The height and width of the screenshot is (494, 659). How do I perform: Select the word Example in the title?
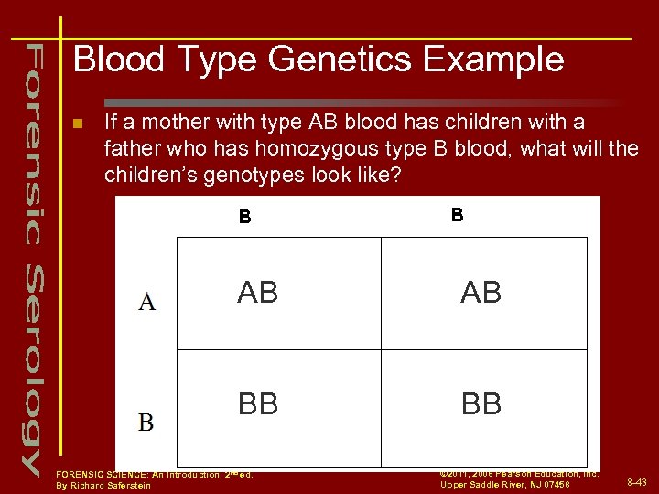499,60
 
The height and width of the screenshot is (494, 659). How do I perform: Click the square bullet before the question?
78,123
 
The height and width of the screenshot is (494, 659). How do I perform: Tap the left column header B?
244,218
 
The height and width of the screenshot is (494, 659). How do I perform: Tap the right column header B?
457,216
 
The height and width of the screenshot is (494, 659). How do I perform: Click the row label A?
146,302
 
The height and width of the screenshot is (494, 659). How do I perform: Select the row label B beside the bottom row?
146,423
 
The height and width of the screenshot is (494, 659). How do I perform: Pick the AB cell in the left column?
258,293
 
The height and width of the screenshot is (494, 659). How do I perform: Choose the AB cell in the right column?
481,293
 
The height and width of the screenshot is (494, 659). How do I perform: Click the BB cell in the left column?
258,404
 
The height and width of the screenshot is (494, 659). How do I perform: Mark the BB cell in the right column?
481,404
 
